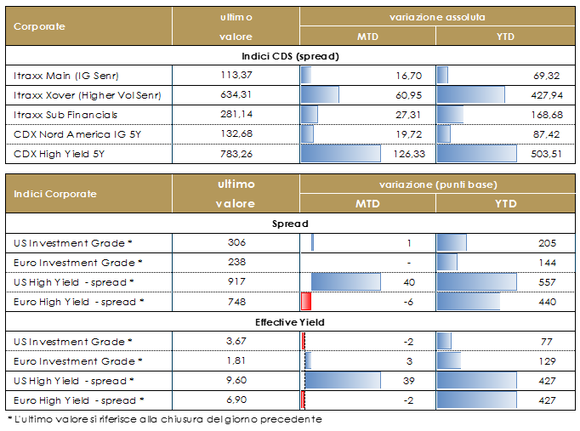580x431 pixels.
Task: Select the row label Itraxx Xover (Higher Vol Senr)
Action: click(x=88, y=94)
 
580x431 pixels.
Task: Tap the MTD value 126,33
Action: click(x=411, y=155)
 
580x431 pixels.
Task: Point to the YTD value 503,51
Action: click(x=545, y=155)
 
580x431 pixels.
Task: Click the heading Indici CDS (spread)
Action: click(x=290, y=56)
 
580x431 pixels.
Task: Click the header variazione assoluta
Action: click(x=437, y=17)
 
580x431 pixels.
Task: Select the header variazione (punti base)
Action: click(x=437, y=184)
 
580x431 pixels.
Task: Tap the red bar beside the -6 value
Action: click(x=307, y=301)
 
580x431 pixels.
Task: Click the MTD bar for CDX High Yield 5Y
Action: click(x=341, y=155)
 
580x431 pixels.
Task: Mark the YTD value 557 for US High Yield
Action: click(x=548, y=281)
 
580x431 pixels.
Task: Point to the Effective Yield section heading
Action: click(x=290, y=322)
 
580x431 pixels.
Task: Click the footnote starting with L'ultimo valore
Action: click(x=168, y=419)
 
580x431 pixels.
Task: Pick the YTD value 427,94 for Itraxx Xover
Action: click(x=545, y=94)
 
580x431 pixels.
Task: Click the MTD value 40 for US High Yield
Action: click(x=409, y=281)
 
